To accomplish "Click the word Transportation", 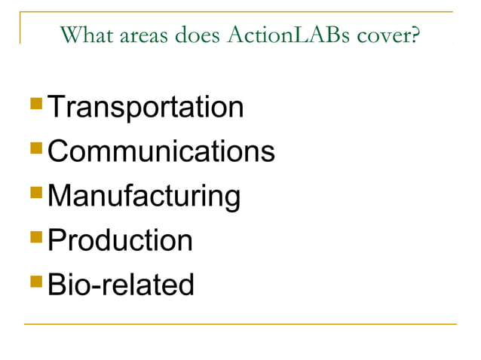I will [x=146, y=108].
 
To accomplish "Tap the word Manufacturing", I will [x=144, y=197].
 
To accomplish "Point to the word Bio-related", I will [x=121, y=285].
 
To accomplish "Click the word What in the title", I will [x=81, y=35].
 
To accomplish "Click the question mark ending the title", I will [x=414, y=35].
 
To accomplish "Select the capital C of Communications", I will [x=59, y=151].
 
